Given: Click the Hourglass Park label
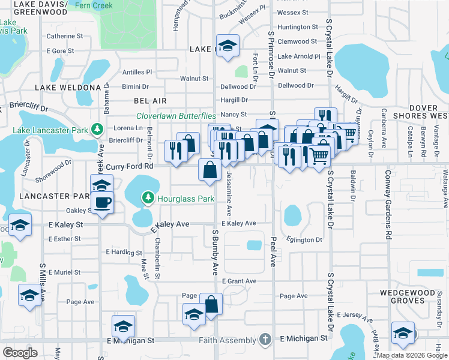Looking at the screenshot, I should click(185, 198).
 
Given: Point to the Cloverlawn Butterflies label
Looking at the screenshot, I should click(176, 116).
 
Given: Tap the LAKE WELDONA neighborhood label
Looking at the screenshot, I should click(67, 88).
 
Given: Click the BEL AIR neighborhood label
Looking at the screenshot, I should click(150, 101).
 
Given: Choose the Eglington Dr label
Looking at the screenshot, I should click(304, 240).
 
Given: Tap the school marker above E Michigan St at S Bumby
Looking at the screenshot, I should click(194, 315).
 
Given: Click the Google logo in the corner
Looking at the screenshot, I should click(20, 352).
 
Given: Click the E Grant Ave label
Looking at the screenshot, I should click(239, 281).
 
